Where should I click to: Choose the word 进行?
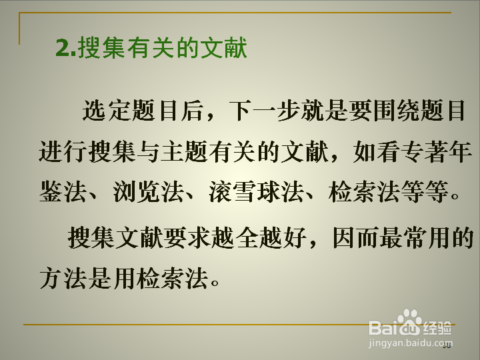[x=63, y=151]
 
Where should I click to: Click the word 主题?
[x=184, y=151]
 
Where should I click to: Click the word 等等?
[x=425, y=192]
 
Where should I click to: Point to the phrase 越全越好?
[x=259, y=238]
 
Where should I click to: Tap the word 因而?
[x=356, y=238]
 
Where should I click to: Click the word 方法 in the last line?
[x=63, y=279]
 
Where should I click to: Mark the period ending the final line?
[x=215, y=282]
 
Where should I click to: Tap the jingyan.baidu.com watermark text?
[x=410, y=343]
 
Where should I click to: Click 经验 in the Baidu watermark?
[x=437, y=328]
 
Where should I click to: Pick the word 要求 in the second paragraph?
[x=187, y=238]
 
